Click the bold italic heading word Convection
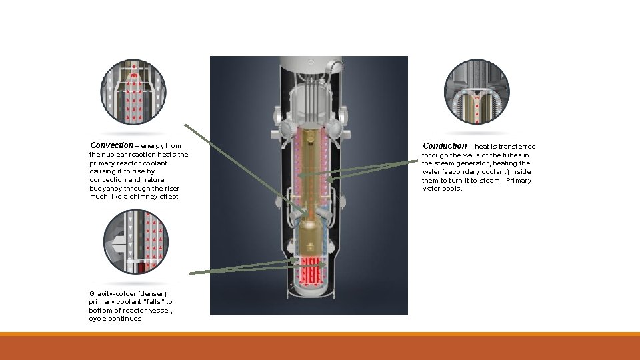(x=111, y=145)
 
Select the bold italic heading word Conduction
(x=445, y=146)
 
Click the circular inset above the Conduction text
(x=477, y=92)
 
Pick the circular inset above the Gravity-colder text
(x=136, y=242)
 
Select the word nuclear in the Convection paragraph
(x=114, y=155)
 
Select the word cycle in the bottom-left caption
(x=97, y=319)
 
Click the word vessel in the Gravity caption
(x=163, y=311)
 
